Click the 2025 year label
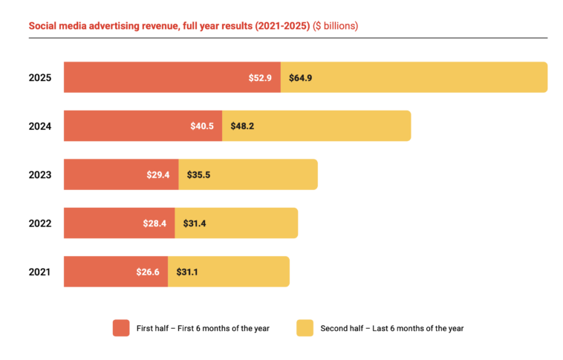click(x=39, y=77)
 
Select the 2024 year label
click(x=39, y=126)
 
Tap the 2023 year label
click(x=39, y=174)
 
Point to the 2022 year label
click(x=39, y=223)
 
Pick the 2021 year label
click(x=39, y=272)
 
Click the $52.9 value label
click(x=261, y=77)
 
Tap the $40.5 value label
click(x=202, y=126)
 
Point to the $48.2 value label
click(x=243, y=126)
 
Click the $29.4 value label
click(x=159, y=174)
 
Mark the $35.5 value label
click(x=200, y=174)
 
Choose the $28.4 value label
click(x=155, y=223)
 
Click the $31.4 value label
click(x=195, y=223)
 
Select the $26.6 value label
click(x=148, y=272)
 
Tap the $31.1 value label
click(x=188, y=272)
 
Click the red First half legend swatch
click(x=121, y=328)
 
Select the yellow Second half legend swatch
click(x=305, y=328)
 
